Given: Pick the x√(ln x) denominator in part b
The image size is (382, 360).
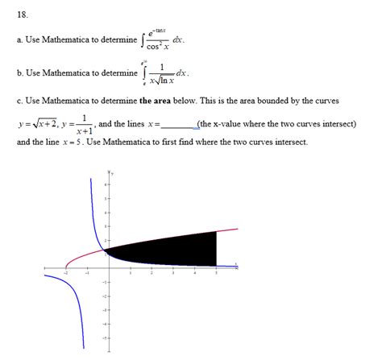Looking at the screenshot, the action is [x=162, y=80].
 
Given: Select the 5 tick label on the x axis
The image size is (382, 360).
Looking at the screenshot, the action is [x=216, y=273].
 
